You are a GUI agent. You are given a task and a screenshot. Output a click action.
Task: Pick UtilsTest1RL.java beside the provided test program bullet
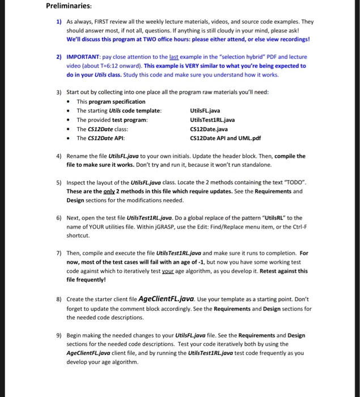(213, 120)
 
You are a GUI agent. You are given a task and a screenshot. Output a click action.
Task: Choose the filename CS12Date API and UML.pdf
(226, 138)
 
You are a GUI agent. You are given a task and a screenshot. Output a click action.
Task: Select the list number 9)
(59, 335)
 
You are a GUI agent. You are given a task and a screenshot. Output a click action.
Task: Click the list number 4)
(59, 156)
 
